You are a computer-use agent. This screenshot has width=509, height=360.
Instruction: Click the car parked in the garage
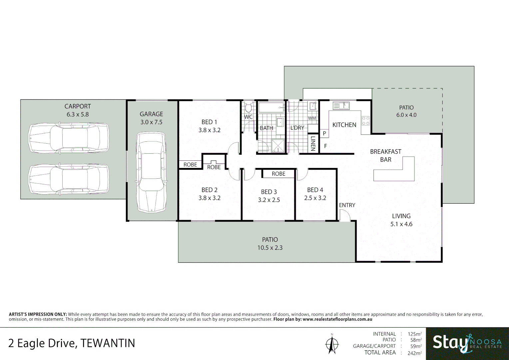click(x=151, y=172)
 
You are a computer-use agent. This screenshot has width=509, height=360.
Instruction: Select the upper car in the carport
click(x=69, y=138)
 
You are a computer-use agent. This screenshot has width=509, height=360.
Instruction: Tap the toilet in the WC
click(x=248, y=108)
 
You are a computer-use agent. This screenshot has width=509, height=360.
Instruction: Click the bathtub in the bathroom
click(x=271, y=107)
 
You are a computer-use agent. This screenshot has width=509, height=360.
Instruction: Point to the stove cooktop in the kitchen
click(x=365, y=121)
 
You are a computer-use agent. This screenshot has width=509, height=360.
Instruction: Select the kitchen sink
click(x=341, y=106)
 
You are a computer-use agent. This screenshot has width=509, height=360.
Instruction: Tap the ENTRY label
click(x=347, y=205)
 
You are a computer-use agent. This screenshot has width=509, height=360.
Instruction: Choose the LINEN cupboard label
click(x=313, y=144)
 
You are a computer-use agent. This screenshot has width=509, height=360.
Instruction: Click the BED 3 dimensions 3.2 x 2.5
click(x=269, y=200)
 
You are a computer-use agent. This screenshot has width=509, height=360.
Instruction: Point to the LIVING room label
click(x=401, y=216)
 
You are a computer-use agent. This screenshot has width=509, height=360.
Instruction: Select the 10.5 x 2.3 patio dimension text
click(x=270, y=248)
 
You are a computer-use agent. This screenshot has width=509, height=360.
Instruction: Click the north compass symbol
click(x=332, y=343)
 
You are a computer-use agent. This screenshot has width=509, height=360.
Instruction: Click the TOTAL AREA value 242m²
click(x=414, y=353)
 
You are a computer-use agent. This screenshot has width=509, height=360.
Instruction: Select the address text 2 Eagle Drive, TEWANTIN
click(x=72, y=343)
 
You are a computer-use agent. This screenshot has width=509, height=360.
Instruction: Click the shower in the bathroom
click(x=278, y=146)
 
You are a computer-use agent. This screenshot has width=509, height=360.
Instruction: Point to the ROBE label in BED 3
click(x=278, y=174)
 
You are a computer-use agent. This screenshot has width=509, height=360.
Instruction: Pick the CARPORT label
click(x=78, y=106)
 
